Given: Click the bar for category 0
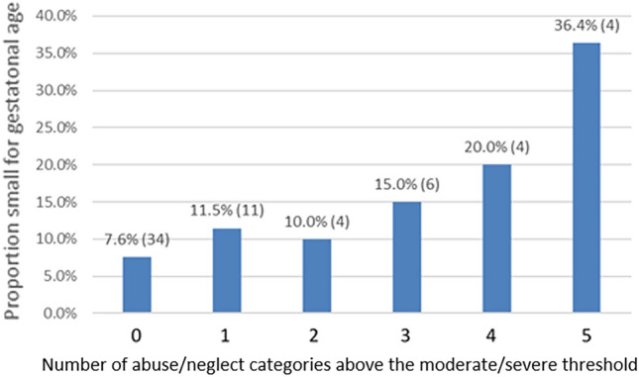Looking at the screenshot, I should click(x=137, y=285).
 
